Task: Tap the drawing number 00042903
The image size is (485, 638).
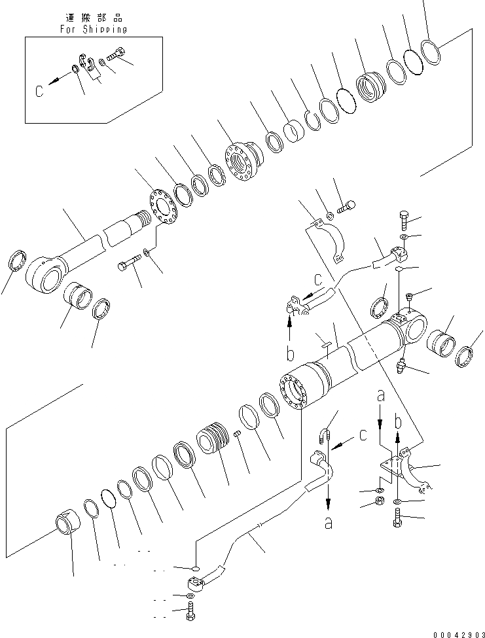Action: pyautogui.click(x=454, y=631)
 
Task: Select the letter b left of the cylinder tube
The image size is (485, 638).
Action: pyautogui.click(x=289, y=354)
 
